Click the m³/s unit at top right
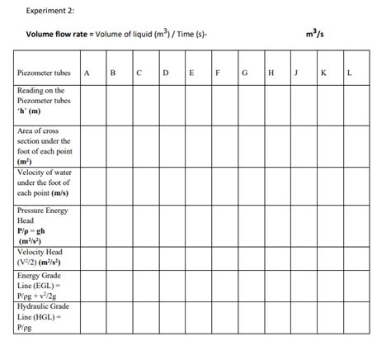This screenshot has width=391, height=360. click(314, 34)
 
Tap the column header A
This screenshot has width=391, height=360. click(87, 73)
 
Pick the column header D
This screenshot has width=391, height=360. click(166, 73)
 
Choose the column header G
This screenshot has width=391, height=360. click(245, 73)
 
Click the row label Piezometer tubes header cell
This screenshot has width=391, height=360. click(44, 73)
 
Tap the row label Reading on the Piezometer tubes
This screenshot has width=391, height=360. click(44, 102)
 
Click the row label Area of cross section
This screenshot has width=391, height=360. click(44, 146)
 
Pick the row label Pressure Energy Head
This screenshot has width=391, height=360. click(44, 225)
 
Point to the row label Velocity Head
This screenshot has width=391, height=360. click(44, 257)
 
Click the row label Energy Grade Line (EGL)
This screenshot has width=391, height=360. click(44, 286)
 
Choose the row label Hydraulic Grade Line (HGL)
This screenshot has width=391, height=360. click(44, 316)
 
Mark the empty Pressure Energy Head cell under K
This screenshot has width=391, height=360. click(326, 225)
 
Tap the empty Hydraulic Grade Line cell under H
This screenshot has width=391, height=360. click(271, 316)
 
